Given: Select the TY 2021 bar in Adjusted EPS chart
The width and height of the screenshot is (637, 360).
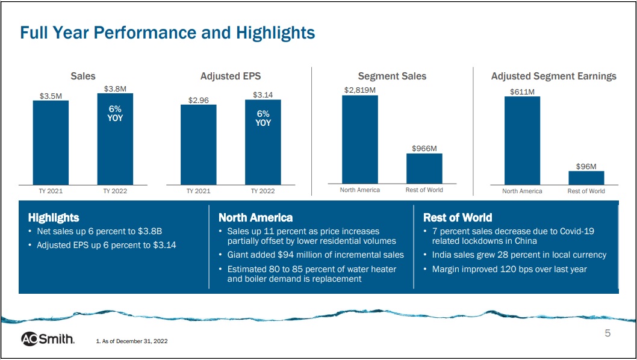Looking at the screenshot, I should [x=198, y=144].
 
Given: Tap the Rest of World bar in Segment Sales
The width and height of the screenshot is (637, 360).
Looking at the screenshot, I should [x=424, y=169].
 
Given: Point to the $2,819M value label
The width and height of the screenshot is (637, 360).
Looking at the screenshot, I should [x=360, y=90].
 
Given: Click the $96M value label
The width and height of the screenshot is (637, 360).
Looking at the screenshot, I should [x=586, y=166].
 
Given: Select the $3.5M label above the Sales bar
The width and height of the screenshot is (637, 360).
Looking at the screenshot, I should [x=51, y=95].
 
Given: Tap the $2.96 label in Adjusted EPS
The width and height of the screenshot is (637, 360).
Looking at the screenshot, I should [x=198, y=100].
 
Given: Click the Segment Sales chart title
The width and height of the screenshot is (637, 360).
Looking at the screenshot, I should [x=392, y=76].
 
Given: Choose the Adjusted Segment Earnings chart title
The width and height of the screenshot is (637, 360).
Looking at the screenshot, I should [x=553, y=76].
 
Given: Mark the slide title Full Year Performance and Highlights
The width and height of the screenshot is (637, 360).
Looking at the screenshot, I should [x=167, y=33].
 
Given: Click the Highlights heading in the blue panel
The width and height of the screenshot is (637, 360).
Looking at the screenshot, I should [x=54, y=217].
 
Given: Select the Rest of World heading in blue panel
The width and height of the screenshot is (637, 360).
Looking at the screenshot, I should [x=458, y=217].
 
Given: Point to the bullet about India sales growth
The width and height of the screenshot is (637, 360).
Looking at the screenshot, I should [x=519, y=255].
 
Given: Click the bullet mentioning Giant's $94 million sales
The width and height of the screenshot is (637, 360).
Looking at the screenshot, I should [x=315, y=255].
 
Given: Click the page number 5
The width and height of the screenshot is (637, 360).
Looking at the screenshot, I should [x=607, y=334].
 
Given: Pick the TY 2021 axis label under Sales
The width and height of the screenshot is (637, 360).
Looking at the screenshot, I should [x=51, y=191].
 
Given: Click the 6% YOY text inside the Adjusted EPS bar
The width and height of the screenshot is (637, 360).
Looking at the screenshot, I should [x=263, y=118].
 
